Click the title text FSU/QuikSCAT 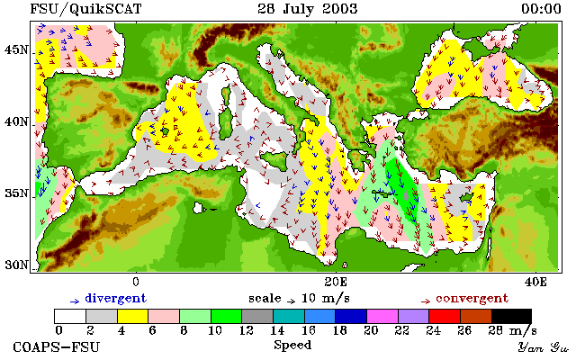click(x=85, y=9)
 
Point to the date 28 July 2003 click(x=308, y=8)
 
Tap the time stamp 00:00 click(x=541, y=8)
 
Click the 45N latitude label click(x=16, y=49)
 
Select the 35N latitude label click(x=16, y=193)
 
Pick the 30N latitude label click(x=16, y=265)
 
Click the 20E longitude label click(x=336, y=282)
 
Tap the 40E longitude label click(x=535, y=282)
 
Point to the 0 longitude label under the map click(x=136, y=282)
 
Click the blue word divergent click(x=116, y=298)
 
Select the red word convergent click(x=472, y=298)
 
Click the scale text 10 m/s click(x=325, y=299)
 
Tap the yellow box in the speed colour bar click(x=132, y=316)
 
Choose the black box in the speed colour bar click(x=511, y=316)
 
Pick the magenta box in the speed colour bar click(x=382, y=316)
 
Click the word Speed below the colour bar click(x=292, y=345)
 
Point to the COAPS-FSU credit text click(x=57, y=346)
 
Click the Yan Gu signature click(x=544, y=347)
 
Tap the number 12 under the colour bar click(x=246, y=330)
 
